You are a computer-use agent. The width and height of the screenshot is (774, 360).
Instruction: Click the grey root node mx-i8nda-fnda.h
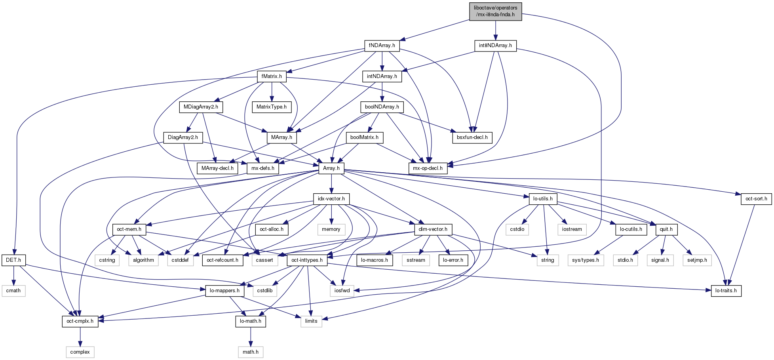click(495, 11)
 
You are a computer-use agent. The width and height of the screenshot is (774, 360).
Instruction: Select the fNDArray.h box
click(382, 46)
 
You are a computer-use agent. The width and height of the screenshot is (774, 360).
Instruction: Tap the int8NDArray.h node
click(495, 46)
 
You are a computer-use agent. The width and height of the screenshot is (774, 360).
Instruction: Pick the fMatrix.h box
click(272, 76)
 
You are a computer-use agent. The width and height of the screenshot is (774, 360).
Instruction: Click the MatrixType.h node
click(272, 107)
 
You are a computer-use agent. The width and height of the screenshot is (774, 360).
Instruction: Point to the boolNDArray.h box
click(382, 107)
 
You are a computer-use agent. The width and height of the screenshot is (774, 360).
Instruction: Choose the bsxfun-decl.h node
click(472, 137)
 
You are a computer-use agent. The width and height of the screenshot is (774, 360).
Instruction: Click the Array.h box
click(331, 168)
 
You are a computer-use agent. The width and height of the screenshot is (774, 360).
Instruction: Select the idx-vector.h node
click(331, 199)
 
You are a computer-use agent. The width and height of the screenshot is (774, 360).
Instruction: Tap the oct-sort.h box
click(756, 199)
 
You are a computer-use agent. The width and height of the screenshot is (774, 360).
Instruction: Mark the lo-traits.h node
click(726, 291)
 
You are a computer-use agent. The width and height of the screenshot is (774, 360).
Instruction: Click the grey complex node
click(80, 352)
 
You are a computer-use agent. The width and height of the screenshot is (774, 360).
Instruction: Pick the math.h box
click(251, 352)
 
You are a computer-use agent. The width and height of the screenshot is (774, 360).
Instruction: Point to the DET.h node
click(13, 260)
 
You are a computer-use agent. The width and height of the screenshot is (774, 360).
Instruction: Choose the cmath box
click(13, 291)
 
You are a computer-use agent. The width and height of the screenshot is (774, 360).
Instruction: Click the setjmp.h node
click(697, 260)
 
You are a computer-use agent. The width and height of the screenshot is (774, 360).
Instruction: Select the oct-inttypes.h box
click(307, 260)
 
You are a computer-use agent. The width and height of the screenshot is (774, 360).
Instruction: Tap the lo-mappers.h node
click(224, 291)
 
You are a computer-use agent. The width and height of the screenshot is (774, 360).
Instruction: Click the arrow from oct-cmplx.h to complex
click(80, 337)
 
